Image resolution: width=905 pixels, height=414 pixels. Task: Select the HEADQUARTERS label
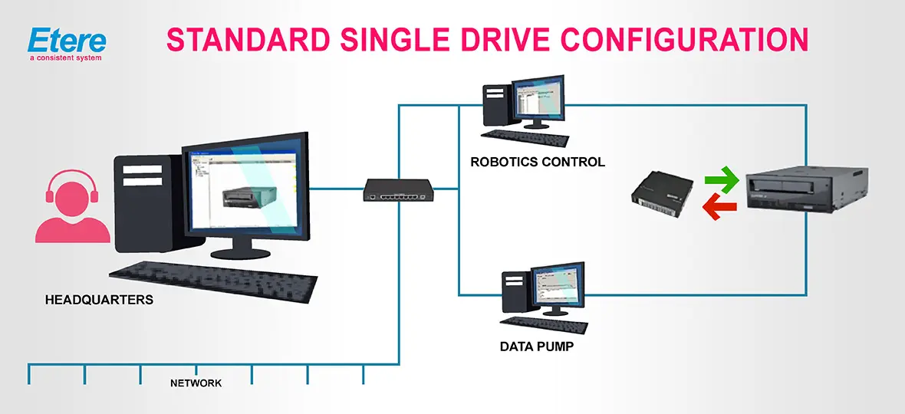pyautogui.click(x=98, y=300)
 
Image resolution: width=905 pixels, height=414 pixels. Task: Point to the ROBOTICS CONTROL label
pyautogui.click(x=538, y=162)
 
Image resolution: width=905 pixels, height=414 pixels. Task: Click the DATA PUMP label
pyautogui.click(x=536, y=347)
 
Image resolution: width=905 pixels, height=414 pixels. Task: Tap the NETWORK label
pyautogui.click(x=196, y=383)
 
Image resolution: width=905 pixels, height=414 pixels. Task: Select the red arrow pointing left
pyautogui.click(x=721, y=206)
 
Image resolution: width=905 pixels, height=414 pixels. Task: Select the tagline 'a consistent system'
pyautogui.click(x=65, y=58)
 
